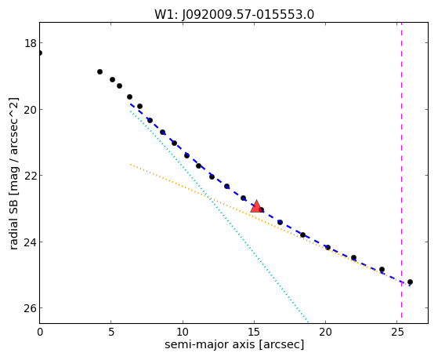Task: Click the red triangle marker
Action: [x=256, y=207]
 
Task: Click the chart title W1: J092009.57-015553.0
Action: [x=234, y=14]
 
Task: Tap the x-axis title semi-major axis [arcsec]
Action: [x=234, y=344]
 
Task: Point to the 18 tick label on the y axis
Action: [x=31, y=43]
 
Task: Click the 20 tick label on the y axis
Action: [x=31, y=109]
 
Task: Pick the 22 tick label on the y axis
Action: [x=31, y=176]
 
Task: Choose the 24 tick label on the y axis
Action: [x=31, y=242]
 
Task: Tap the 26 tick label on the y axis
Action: [x=31, y=308]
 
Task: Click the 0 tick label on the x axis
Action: [x=40, y=333]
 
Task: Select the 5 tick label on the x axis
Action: [x=111, y=333]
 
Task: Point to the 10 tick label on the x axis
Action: [x=183, y=333]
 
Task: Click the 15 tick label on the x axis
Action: [x=254, y=333]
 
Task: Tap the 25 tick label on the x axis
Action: [x=397, y=333]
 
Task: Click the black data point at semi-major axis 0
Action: [x=40, y=53]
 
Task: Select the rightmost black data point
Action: [x=410, y=282]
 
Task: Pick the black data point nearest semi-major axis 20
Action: [x=328, y=248]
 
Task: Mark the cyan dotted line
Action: [x=219, y=216]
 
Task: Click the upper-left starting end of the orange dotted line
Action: [x=130, y=165]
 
